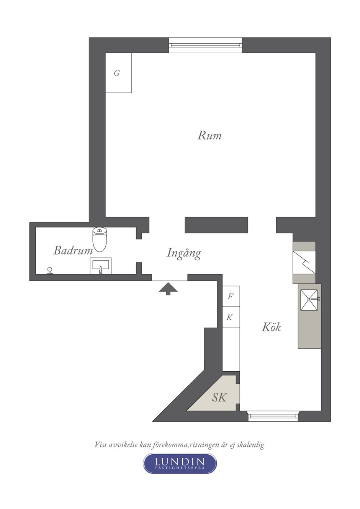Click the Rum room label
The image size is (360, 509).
coord(209,135)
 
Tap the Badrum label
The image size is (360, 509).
coord(73,251)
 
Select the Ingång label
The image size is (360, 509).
coord(184,253)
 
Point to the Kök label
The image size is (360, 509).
coord(271,327)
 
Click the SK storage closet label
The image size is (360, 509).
coord(219,397)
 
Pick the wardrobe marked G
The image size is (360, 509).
coord(118,73)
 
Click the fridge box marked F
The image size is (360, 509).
coord(231,296)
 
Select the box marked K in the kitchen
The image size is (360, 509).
coord(231,317)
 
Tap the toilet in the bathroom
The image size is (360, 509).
coord(100,239)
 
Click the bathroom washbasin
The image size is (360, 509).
coord(101,266)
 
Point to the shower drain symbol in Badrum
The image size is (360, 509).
coord(50,271)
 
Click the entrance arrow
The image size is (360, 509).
coord(168,289)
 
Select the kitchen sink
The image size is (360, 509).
coord(309,300)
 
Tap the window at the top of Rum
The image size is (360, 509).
coord(205,45)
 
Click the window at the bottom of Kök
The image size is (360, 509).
coord(273,416)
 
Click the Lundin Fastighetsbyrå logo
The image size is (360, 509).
coord(180,463)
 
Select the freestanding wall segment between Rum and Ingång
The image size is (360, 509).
coord(216,225)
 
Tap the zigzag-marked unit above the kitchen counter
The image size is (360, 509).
coord(304,263)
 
